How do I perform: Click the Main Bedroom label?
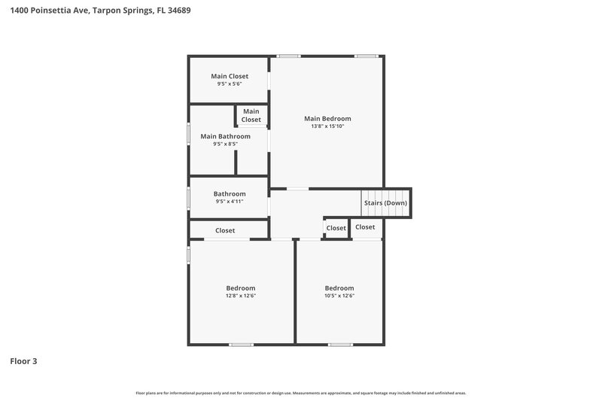pyautogui.click(x=327, y=118)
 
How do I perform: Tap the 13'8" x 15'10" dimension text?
pyautogui.click(x=327, y=126)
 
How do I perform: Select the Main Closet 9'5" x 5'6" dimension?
pyautogui.click(x=230, y=84)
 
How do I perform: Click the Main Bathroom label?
pyautogui.click(x=225, y=136)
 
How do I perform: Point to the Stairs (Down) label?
pyautogui.click(x=385, y=203)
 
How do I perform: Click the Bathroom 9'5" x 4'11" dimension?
pyautogui.click(x=230, y=202)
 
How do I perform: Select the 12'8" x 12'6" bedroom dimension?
pyautogui.click(x=241, y=296)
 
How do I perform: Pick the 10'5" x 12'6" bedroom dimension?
pyautogui.click(x=339, y=296)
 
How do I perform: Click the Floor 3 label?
pyautogui.click(x=23, y=361)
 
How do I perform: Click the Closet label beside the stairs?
pyautogui.click(x=365, y=227)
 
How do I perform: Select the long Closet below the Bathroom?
pyautogui.click(x=225, y=230)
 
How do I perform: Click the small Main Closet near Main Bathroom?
pyautogui.click(x=251, y=115)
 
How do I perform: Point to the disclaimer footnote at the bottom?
pyautogui.click(x=301, y=393)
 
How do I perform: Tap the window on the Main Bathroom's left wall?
pyautogui.click(x=188, y=133)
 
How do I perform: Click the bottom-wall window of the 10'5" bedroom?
pyautogui.click(x=339, y=345)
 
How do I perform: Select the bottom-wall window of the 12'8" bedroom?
pyautogui.click(x=241, y=345)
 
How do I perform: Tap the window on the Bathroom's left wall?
pyautogui.click(x=188, y=197)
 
